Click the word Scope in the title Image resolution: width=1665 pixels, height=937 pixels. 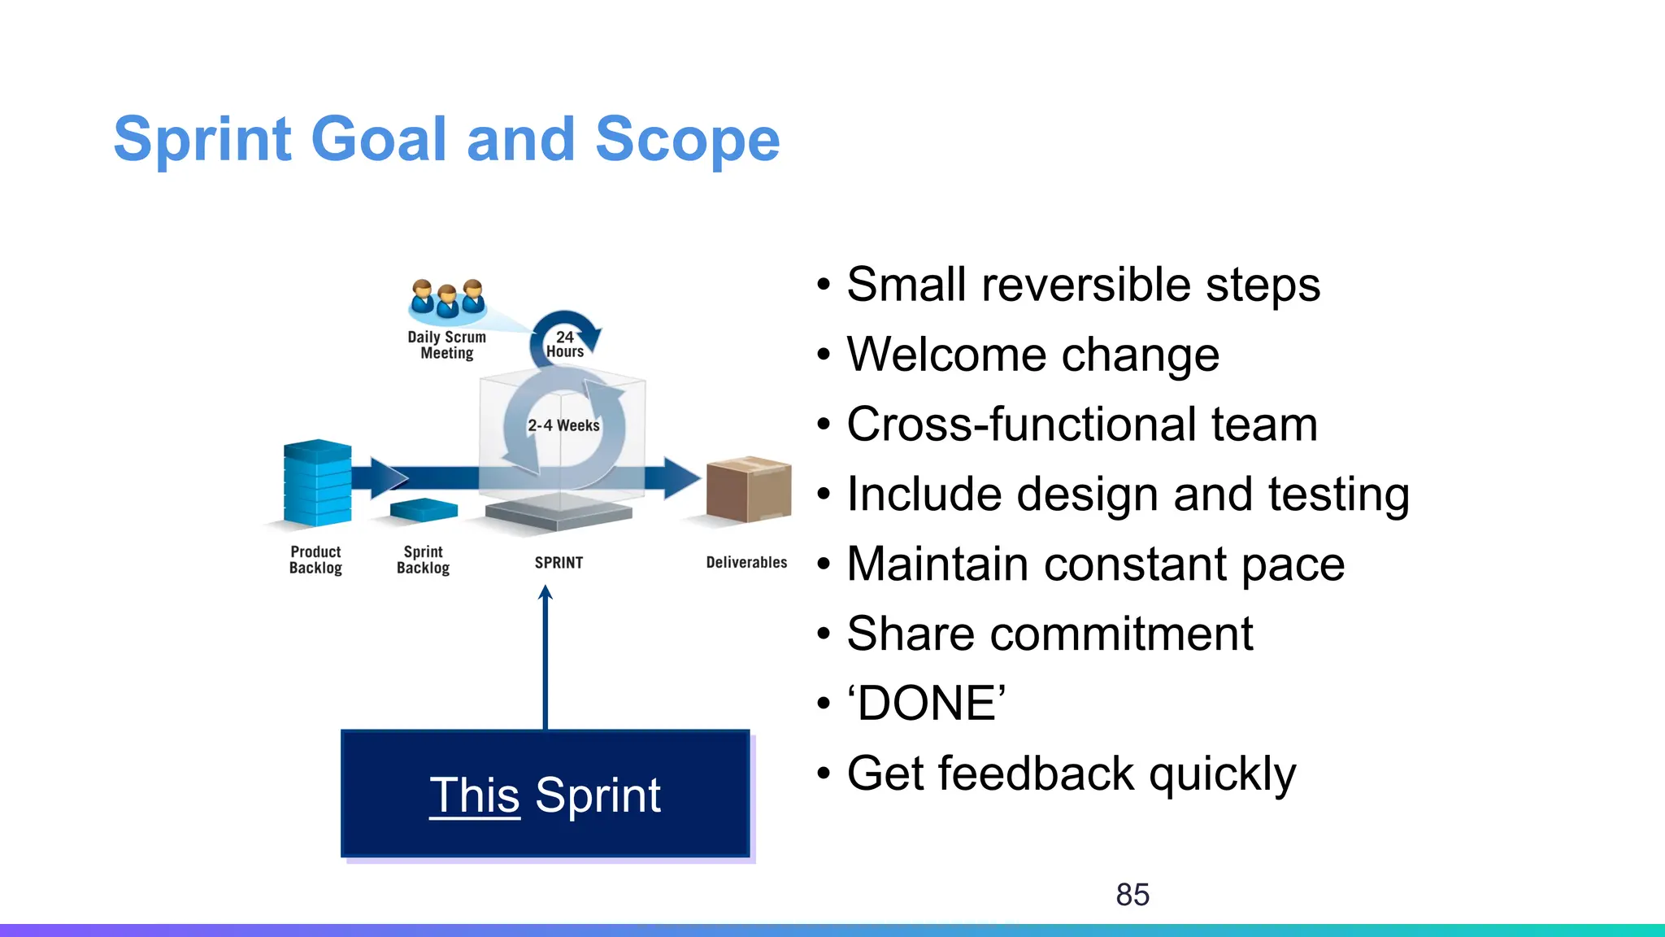click(687, 140)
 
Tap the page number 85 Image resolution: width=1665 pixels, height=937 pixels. click(1132, 895)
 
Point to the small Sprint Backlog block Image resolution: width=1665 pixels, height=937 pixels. click(424, 510)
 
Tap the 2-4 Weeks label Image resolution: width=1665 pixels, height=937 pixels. click(563, 425)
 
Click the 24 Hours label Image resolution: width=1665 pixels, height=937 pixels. click(565, 344)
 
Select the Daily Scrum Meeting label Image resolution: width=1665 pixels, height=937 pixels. click(446, 345)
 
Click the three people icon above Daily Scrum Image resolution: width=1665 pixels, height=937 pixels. click(447, 299)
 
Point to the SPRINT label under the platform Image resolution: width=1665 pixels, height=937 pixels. click(559, 563)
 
